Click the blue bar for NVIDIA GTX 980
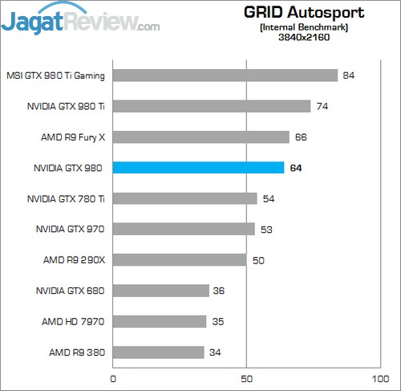[x=198, y=168]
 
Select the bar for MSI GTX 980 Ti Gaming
[x=225, y=75]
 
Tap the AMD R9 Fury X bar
[x=200, y=137]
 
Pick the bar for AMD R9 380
[x=159, y=352]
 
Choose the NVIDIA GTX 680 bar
[x=161, y=291]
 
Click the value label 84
[x=348, y=75]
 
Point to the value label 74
[x=322, y=106]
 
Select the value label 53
[x=266, y=230]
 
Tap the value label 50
[x=258, y=260]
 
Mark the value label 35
[x=217, y=322]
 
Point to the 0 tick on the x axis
[x=113, y=377]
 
